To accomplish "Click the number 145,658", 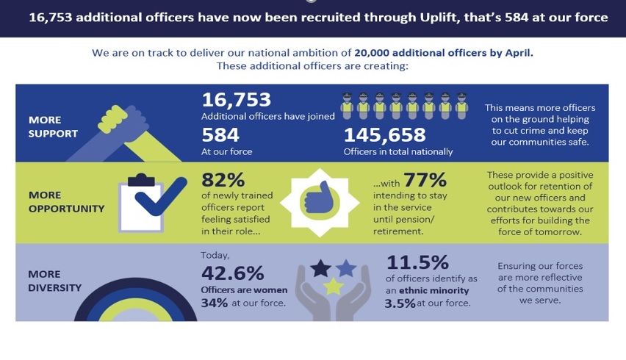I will point(384,135).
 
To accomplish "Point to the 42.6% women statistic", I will point(232,273).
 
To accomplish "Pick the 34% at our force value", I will point(215,303).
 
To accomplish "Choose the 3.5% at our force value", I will point(400,303).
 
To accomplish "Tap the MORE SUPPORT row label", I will point(52,126).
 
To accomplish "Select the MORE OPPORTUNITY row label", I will point(66,202).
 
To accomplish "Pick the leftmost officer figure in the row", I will point(348,106).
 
